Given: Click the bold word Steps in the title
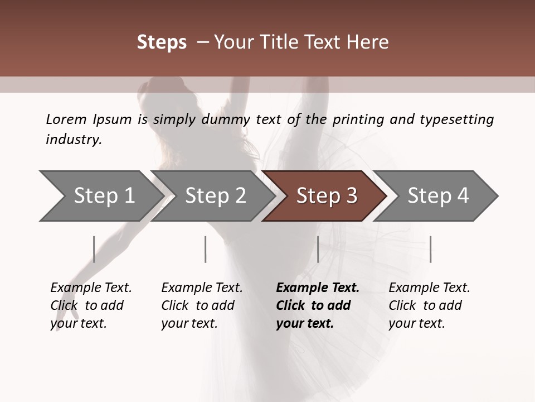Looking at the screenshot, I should (x=162, y=42).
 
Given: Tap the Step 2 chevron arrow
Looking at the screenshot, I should (x=215, y=196).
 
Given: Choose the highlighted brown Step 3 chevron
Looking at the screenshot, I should (x=327, y=196).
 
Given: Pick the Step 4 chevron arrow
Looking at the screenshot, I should (x=438, y=196).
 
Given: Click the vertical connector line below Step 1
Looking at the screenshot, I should (x=94, y=249).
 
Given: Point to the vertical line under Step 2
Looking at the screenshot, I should (x=206, y=249).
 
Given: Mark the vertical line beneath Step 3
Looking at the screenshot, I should (x=318, y=249).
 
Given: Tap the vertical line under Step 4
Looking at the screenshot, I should (x=430, y=249).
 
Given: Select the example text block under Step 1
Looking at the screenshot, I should (x=91, y=305).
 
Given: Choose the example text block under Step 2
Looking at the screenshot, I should (x=202, y=305).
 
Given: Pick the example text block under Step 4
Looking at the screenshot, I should (x=429, y=305).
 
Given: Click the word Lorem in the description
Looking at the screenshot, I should (x=66, y=119).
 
